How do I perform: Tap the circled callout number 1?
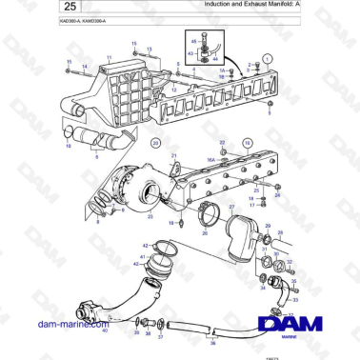tap(268, 58)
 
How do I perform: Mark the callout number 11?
tap(110, 58)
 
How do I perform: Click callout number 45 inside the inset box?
tap(194, 42)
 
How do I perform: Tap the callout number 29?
tap(268, 228)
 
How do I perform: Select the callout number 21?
tap(174, 155)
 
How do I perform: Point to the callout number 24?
tap(277, 196)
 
